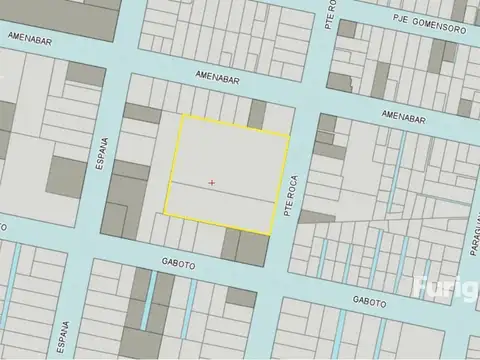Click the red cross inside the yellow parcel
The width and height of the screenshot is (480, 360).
tap(212, 182)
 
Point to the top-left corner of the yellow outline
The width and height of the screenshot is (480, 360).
tap(181, 115)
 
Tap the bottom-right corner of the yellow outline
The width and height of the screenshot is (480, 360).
tap(272, 234)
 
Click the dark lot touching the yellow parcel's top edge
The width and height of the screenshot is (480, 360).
tap(257, 115)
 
